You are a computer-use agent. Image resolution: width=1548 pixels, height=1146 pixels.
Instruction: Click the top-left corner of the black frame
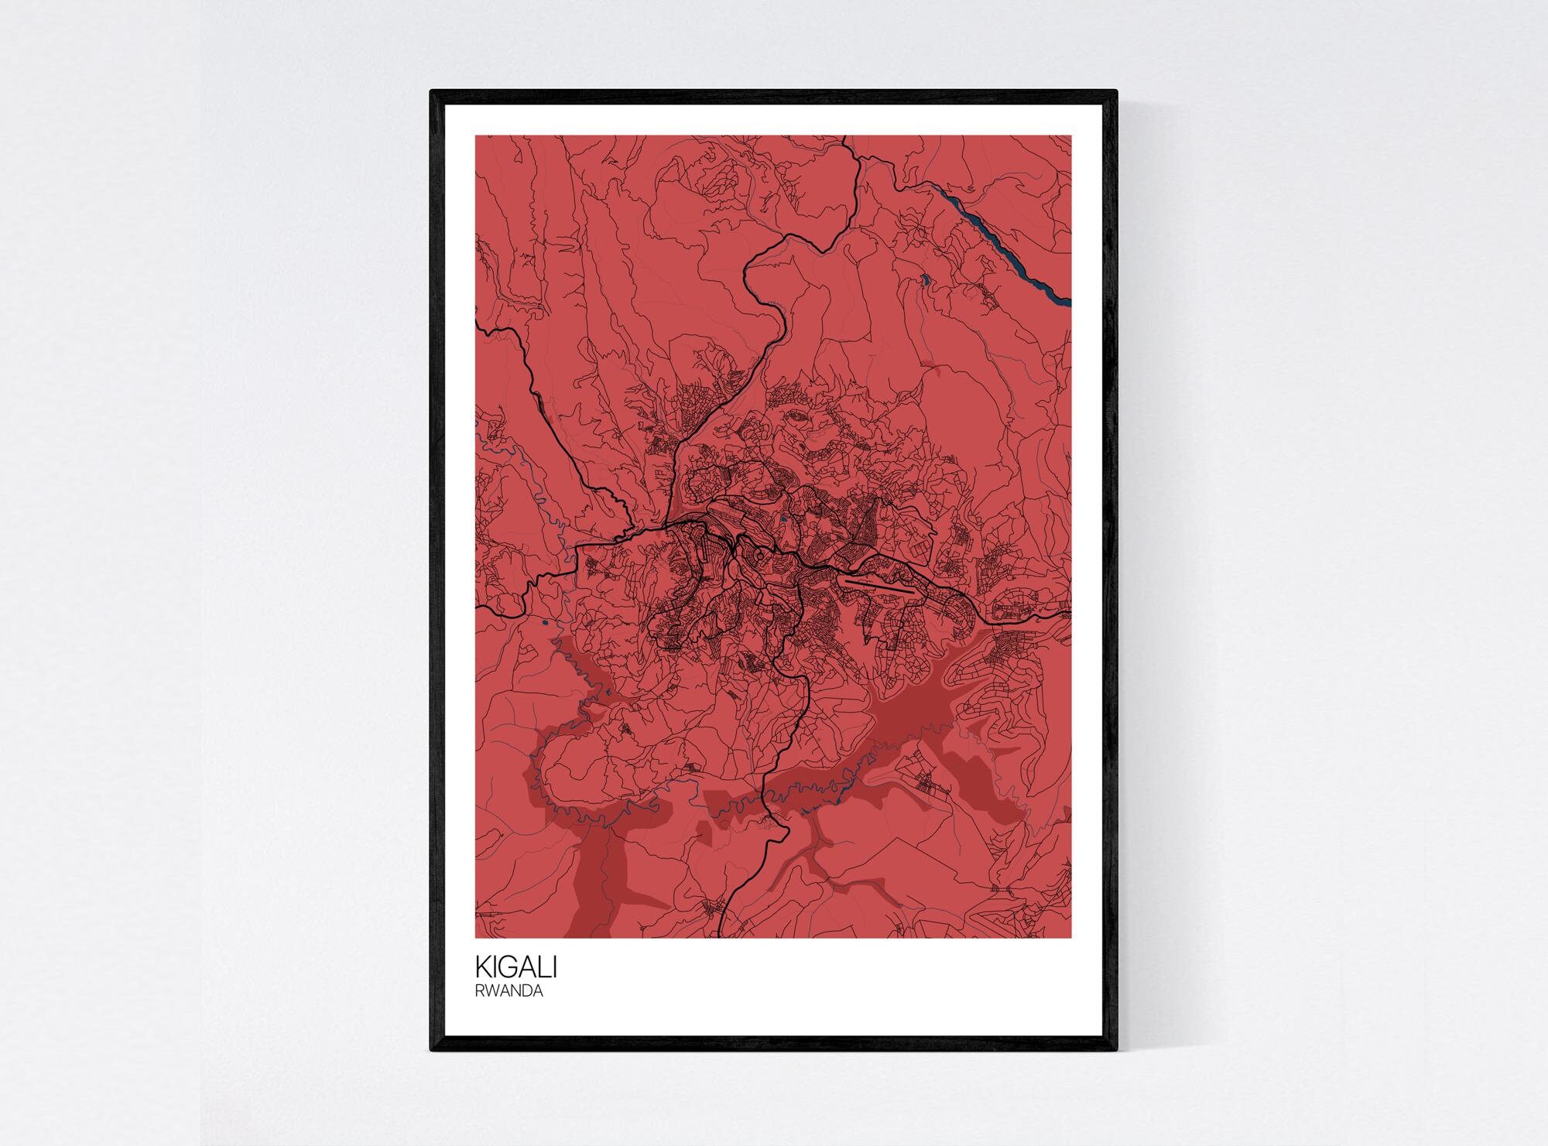coord(432,92)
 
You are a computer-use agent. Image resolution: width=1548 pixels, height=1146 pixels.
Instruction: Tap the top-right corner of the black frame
coord(1115,92)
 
